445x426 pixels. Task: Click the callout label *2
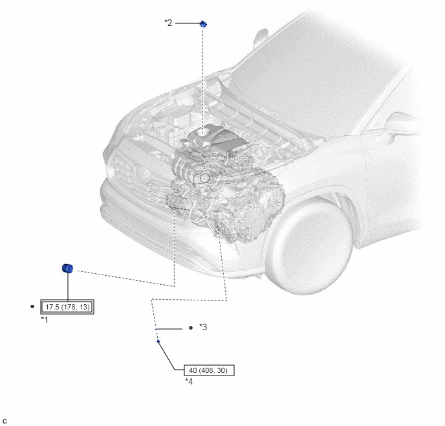[x=168, y=23]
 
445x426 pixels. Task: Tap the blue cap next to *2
[x=203, y=24]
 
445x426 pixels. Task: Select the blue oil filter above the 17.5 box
[x=67, y=268]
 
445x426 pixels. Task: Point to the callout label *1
[x=45, y=320]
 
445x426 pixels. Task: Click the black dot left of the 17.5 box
[x=32, y=307]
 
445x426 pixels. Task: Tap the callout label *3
[x=203, y=327]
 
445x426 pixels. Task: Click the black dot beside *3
[x=191, y=328]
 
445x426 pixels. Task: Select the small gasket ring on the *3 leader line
[x=157, y=329]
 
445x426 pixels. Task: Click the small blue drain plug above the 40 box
[x=158, y=341]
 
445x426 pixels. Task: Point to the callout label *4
[x=189, y=381]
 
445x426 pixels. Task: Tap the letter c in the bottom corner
[x=5, y=421]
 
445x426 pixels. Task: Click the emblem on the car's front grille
[x=141, y=172]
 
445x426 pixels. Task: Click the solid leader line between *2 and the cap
[x=188, y=23]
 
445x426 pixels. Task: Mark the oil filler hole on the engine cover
[x=202, y=131]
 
